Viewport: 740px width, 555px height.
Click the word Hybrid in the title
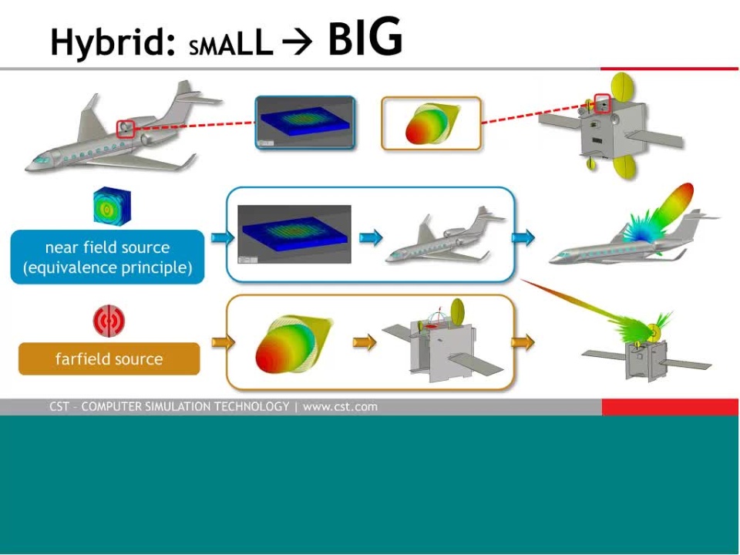point(113,42)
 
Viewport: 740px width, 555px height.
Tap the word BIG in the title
point(365,37)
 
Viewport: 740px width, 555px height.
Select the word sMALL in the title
point(231,44)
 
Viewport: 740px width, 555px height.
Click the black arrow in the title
point(297,42)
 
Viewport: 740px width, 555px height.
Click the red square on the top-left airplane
point(126,129)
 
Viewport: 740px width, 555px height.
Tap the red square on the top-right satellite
point(602,103)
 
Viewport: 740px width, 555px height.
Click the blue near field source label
point(108,257)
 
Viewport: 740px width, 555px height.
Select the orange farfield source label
point(109,358)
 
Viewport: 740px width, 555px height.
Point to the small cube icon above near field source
point(112,207)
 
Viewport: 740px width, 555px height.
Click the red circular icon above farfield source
point(109,321)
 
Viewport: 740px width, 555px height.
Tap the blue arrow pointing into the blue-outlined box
point(223,237)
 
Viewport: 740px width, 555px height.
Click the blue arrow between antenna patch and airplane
point(371,237)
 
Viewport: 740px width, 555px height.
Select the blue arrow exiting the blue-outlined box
point(523,237)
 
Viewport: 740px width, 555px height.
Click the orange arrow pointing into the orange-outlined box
point(224,341)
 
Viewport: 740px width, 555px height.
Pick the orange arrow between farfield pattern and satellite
point(365,341)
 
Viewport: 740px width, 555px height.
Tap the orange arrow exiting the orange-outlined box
point(523,341)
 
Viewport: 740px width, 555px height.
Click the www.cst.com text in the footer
point(340,407)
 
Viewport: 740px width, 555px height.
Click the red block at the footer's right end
point(670,407)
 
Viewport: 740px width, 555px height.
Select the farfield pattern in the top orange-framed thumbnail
point(432,123)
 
